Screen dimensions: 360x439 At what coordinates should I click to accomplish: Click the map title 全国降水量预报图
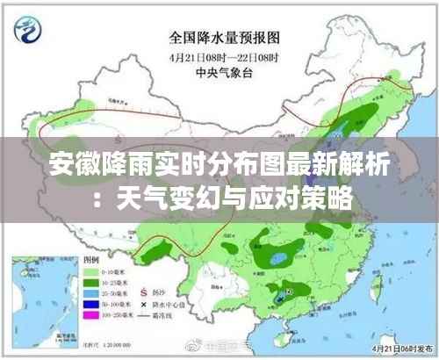(225, 37)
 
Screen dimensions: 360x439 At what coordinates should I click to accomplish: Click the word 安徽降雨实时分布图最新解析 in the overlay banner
(219, 163)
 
